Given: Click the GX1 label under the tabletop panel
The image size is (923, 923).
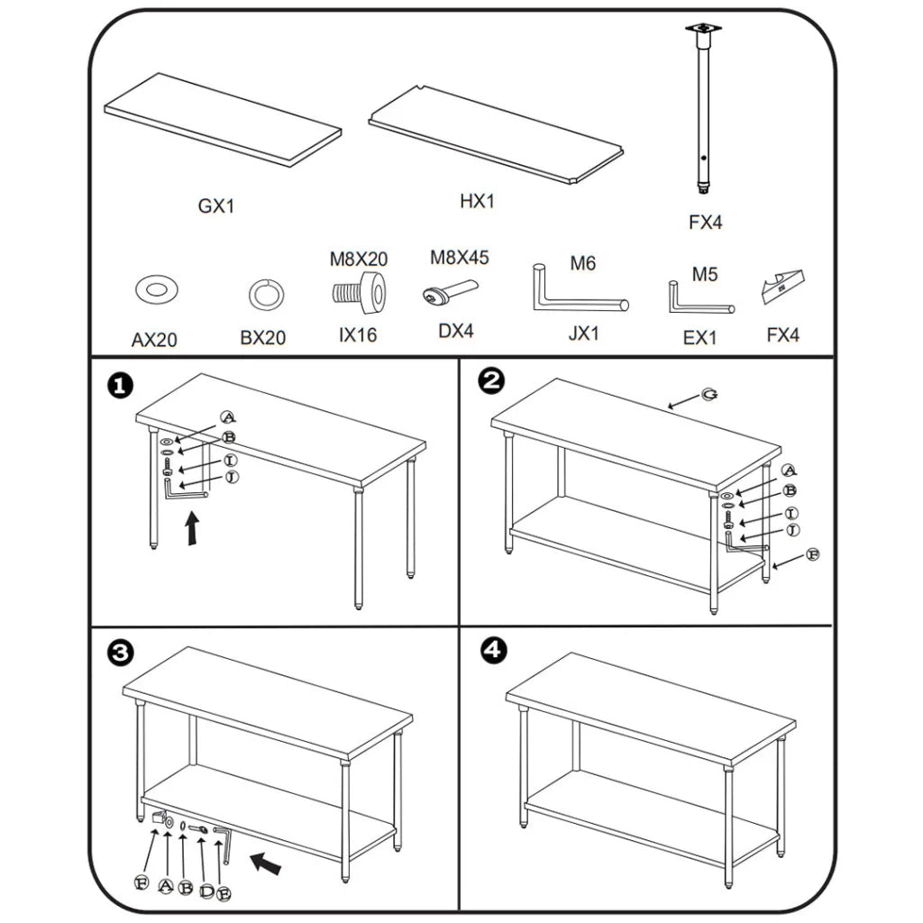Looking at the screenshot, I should tap(216, 206).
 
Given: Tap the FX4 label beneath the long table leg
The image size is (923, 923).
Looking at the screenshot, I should tap(706, 222).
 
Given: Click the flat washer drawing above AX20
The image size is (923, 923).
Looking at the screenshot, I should tap(154, 291).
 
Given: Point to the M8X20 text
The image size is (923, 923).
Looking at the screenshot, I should tap(358, 260).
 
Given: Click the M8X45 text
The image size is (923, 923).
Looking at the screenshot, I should tap(460, 258).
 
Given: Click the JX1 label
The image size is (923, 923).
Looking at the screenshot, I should tap(583, 334).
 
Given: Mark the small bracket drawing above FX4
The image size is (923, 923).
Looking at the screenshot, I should tap(782, 285).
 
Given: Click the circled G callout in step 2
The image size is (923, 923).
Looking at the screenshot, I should tap(710, 396).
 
